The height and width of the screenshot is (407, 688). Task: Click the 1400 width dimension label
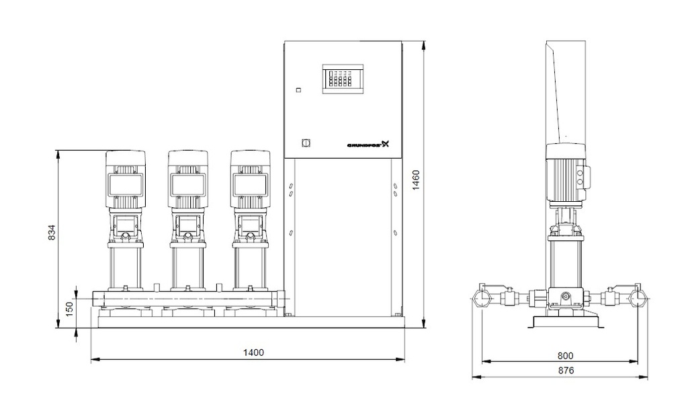coord(253,353)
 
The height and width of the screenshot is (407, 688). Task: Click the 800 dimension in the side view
coord(564,355)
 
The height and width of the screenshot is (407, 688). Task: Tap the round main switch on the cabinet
coord(303,143)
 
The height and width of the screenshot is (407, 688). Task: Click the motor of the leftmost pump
coord(126,178)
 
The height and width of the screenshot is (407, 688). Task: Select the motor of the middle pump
coord(189,178)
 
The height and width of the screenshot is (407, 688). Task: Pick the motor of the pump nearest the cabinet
coord(250,178)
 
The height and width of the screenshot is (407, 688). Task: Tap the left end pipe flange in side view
coord(482,297)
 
